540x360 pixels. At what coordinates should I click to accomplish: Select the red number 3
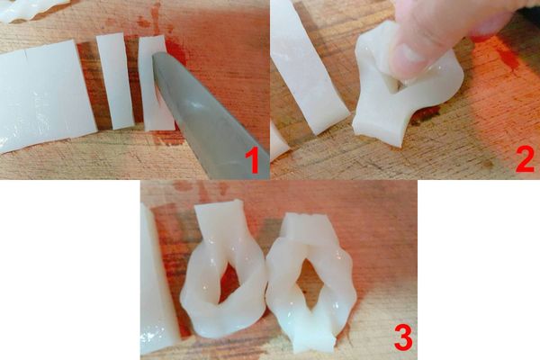tap(403, 339)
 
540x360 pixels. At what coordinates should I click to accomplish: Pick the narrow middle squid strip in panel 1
tap(115, 81)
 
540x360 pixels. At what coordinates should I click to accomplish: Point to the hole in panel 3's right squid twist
tap(308, 282)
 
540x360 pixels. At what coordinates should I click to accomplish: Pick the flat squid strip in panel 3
tap(157, 279)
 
